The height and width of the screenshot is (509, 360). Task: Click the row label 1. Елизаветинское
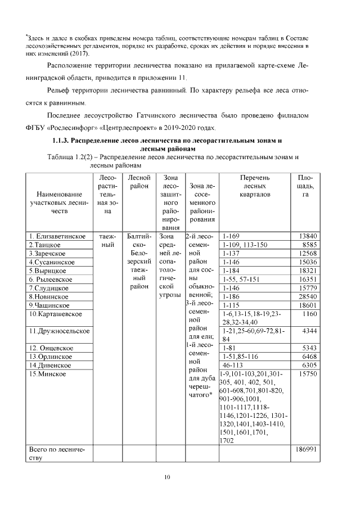(57, 236)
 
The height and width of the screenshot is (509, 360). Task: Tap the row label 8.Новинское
(49, 296)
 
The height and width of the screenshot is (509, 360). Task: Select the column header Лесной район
(138, 182)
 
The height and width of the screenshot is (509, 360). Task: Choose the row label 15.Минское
(48, 374)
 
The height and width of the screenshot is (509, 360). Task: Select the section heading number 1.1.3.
(62, 140)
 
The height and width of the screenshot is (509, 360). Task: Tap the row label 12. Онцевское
(51, 348)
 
